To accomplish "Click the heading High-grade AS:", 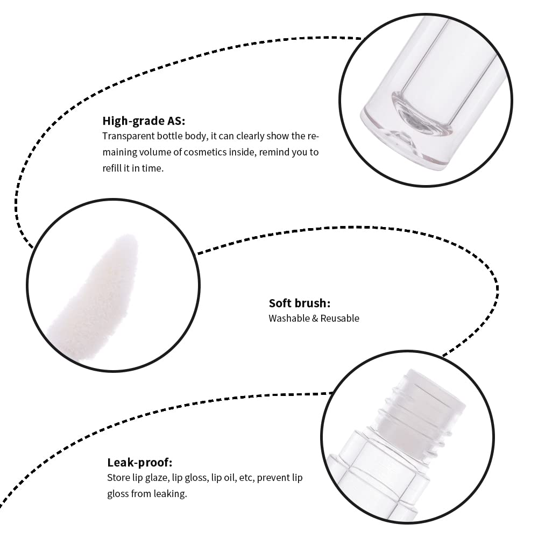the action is pos(144,121).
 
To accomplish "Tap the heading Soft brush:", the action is pos(300,303).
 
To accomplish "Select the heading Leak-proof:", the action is pos(140,463).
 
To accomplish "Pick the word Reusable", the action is pos(339,318).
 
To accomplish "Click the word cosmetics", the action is pos(204,152).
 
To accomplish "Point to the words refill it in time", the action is pos(133,168).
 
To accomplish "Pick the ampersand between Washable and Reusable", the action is pos(315,318).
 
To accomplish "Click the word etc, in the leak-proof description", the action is pos(247,478).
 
